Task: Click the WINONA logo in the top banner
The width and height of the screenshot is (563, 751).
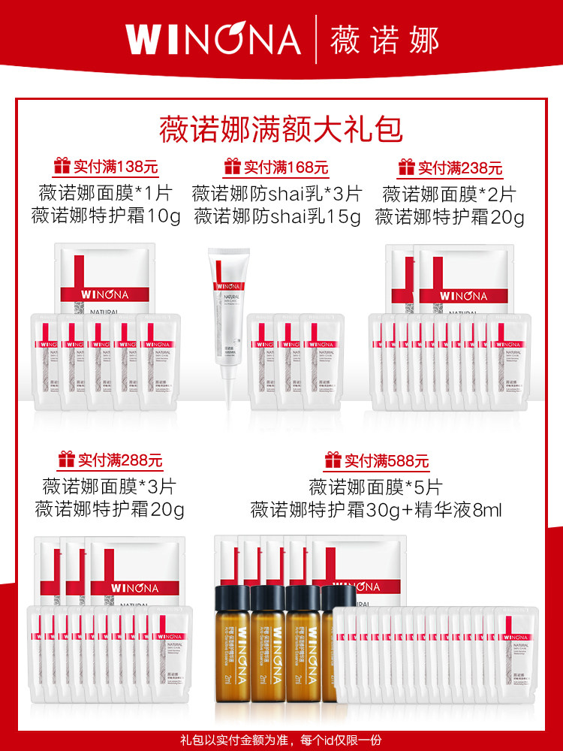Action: (x=213, y=39)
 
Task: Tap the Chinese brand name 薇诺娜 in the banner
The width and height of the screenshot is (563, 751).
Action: (x=384, y=39)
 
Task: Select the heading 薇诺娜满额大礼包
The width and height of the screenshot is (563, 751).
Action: (x=281, y=128)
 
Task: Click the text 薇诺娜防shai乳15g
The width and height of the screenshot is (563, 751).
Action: (x=278, y=217)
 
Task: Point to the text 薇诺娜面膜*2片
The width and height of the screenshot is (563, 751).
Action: (x=449, y=195)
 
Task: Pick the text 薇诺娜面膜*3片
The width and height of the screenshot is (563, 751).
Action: (x=109, y=486)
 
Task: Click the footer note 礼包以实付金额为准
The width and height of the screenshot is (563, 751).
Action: (x=225, y=737)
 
